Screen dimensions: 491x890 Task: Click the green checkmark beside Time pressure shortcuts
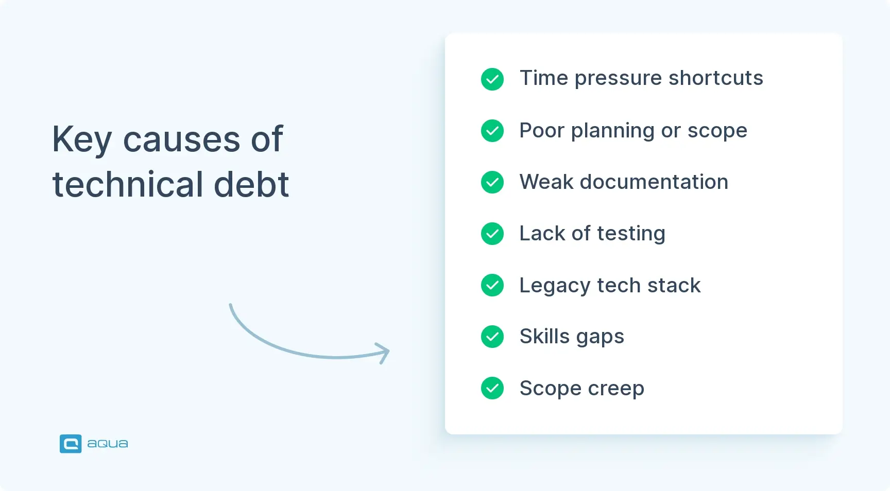pos(492,79)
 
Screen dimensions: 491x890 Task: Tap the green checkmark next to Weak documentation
pos(492,182)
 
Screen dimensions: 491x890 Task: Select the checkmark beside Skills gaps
pos(492,337)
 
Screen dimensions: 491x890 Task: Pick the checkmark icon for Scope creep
pos(492,388)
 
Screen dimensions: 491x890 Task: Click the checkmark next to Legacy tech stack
pos(492,285)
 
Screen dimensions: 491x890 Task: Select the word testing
pos(631,234)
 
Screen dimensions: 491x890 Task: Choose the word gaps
pos(600,337)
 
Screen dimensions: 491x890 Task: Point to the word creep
pos(615,389)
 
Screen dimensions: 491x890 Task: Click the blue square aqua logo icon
pos(71,444)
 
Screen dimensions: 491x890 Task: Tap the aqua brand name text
pos(108,444)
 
